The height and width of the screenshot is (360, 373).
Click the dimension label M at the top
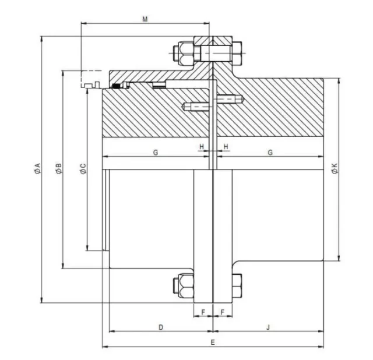click(145, 19)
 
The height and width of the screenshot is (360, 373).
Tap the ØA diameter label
click(37, 168)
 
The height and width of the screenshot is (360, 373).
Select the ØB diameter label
click(59, 168)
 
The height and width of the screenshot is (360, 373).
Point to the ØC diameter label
click(83, 169)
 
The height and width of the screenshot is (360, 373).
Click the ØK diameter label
click(335, 168)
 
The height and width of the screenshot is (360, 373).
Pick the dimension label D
click(161, 327)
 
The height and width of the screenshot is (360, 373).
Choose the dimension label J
click(268, 327)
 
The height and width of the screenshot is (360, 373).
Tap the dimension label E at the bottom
click(213, 342)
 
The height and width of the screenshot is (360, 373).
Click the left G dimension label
click(156, 153)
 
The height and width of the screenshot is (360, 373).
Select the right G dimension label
click(270, 153)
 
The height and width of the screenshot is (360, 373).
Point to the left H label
click(202, 147)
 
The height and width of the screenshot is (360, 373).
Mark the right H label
click(226, 147)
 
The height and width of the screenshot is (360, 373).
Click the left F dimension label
click(203, 312)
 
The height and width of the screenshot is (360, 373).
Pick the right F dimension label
click(223, 312)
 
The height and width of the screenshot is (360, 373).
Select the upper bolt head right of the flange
click(237, 53)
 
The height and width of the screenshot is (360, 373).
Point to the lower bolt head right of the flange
click(237, 286)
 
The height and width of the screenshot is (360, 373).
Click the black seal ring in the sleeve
click(116, 86)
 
